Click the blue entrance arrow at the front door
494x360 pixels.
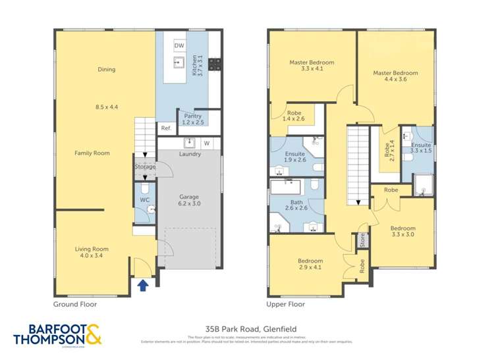click(x=144, y=284)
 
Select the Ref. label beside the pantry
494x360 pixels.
click(x=165, y=128)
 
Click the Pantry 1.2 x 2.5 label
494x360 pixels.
click(x=192, y=119)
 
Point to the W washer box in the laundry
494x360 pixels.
click(x=206, y=143)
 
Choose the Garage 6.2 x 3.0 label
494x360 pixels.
click(x=189, y=200)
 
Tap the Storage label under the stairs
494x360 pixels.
click(x=145, y=167)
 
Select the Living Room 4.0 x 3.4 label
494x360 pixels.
click(x=91, y=252)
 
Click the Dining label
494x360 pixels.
click(x=106, y=69)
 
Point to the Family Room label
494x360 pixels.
click(x=92, y=153)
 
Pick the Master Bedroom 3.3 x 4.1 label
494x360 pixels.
click(x=312, y=66)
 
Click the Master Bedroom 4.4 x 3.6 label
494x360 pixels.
click(x=395, y=76)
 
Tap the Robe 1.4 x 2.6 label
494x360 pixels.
click(x=293, y=116)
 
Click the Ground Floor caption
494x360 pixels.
click(x=74, y=305)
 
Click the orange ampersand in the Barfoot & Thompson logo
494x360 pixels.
click(x=93, y=334)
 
